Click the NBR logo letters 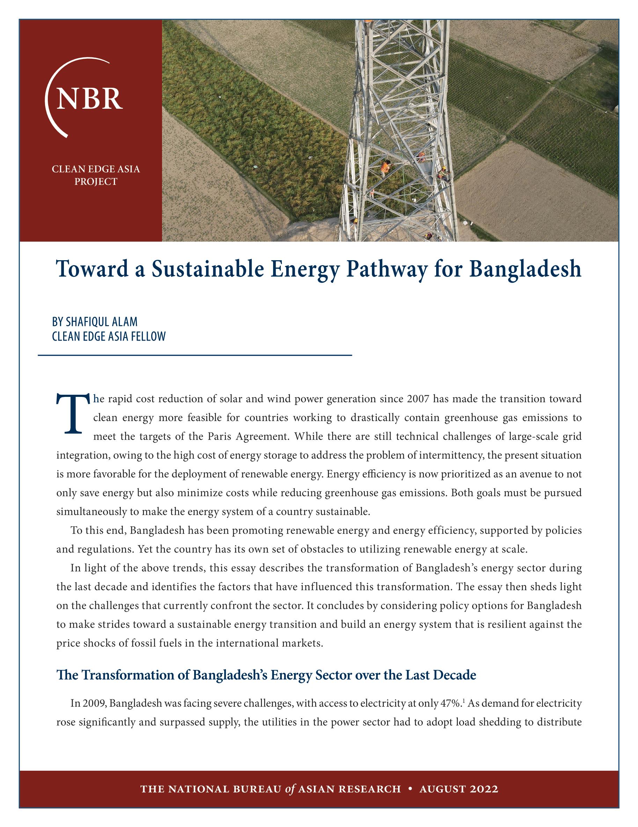tap(89, 99)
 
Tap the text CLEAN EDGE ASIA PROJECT tap(96, 175)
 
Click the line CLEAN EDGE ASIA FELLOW tap(109, 336)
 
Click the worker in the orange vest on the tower tap(385, 167)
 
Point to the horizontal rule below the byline tap(195, 355)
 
